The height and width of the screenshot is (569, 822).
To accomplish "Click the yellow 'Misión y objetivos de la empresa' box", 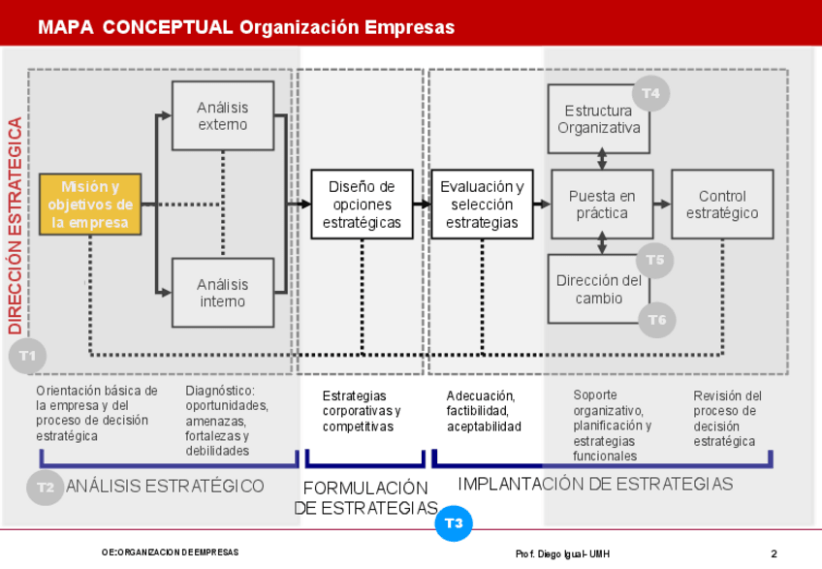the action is tap(90, 205).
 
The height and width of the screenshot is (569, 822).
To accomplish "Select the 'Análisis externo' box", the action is tap(222, 115).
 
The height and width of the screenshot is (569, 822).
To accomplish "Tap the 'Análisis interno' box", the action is tap(222, 293).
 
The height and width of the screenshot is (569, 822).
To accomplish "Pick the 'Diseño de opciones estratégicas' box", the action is tap(362, 205).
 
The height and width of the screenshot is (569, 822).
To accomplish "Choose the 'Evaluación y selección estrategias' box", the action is tap(482, 205).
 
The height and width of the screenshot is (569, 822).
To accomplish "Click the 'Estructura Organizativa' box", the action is tap(598, 118).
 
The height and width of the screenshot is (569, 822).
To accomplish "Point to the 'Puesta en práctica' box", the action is tap(602, 205).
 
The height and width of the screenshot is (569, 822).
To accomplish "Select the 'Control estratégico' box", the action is tap(722, 205).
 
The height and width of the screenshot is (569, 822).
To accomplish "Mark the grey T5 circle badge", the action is tap(655, 260).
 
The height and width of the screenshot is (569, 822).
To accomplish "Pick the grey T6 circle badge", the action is tap(656, 319).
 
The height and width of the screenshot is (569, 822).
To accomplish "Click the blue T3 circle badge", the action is tap(454, 523).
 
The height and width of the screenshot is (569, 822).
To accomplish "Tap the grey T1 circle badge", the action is tap(27, 356).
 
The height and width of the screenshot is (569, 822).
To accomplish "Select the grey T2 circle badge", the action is tap(46, 487).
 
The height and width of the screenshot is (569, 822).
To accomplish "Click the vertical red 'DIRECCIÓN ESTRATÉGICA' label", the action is tap(16, 225).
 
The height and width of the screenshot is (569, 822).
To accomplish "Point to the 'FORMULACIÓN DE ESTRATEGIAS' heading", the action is tap(365, 498).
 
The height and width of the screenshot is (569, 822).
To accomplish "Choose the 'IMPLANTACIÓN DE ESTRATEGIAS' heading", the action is tap(595, 484).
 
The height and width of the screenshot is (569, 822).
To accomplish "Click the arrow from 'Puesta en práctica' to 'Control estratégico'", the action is tap(662, 205).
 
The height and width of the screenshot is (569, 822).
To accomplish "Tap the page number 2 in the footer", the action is tap(774, 553).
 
